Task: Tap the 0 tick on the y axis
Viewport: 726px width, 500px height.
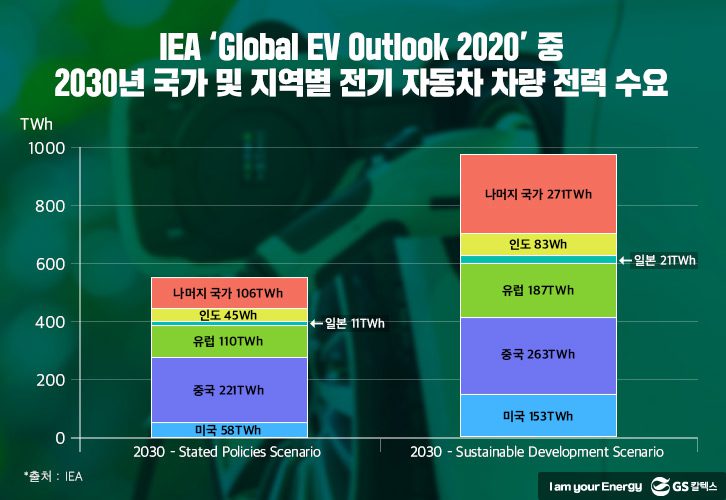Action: point(60,438)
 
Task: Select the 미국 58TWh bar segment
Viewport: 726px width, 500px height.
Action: point(229,429)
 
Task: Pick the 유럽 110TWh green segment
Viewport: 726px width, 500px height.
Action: point(229,342)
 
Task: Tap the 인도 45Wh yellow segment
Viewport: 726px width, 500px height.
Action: point(229,315)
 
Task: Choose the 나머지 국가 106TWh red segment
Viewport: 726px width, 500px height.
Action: point(229,293)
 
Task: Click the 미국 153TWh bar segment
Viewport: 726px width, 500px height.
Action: point(538,416)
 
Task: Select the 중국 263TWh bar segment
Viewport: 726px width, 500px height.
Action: point(538,355)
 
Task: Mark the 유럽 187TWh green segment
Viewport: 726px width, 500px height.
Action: point(538,291)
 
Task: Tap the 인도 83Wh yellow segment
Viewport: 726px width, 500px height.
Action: point(538,244)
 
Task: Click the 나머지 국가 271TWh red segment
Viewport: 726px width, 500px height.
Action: point(538,194)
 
